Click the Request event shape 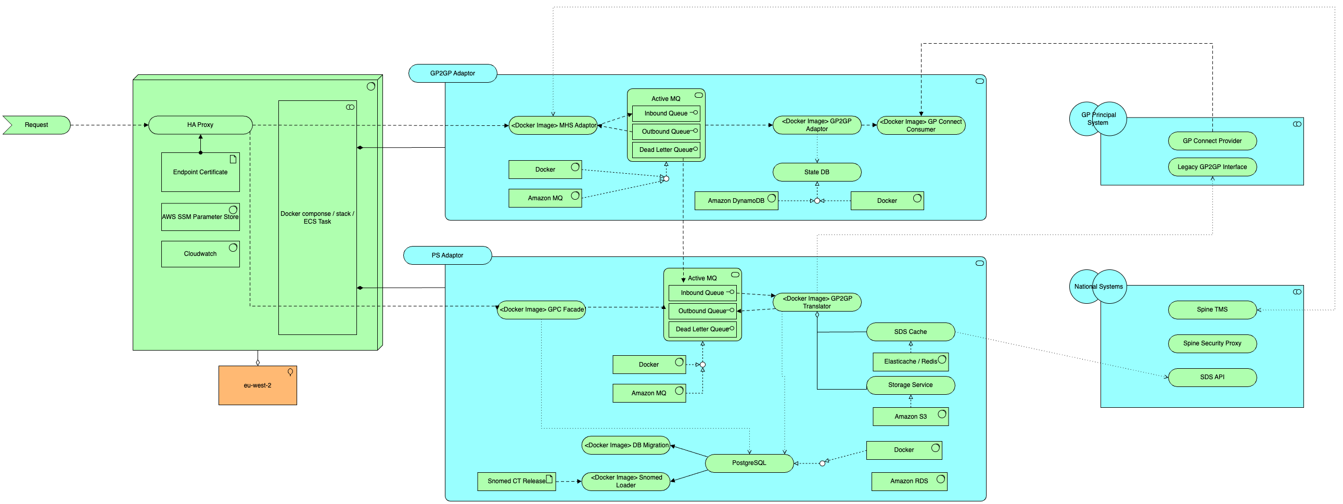tap(36, 125)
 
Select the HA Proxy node tap(200, 125)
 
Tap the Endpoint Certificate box tap(200, 173)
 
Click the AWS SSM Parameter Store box tap(200, 217)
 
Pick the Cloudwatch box tap(200, 254)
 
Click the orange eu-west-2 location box tap(258, 386)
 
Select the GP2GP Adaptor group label tap(452, 73)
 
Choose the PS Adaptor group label tap(447, 255)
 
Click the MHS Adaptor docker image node tap(553, 125)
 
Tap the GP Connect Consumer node tap(920, 125)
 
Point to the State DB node tap(816, 173)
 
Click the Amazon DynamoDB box tap(736, 201)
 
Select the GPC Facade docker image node tap(541, 310)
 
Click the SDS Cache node tap(910, 332)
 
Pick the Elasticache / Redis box tap(910, 361)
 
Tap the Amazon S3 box tap(910, 417)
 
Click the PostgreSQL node tap(749, 463)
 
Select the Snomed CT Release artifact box tap(516, 482)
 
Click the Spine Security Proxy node tap(1212, 344)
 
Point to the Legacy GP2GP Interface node tap(1212, 167)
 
